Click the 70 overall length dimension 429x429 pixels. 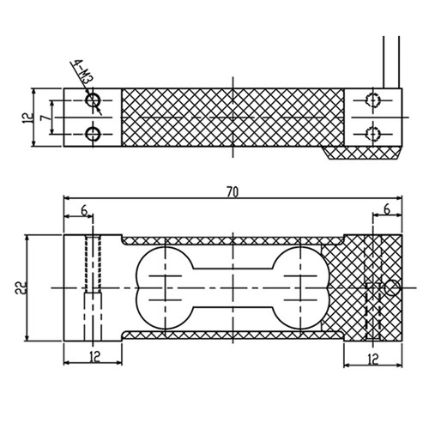[x=233, y=192]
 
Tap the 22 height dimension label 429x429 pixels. [x=21, y=288]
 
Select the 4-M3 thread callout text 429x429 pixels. [x=83, y=71]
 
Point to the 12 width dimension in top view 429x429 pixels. [x=27, y=118]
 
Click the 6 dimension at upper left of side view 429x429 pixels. [x=84, y=211]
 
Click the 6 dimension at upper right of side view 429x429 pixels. [x=387, y=209]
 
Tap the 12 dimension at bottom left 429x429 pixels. [x=95, y=357]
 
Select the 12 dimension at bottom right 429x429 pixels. [x=373, y=360]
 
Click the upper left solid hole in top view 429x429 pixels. [x=93, y=100]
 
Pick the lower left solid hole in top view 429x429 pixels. [x=93, y=134]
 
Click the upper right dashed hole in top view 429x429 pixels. [x=373, y=100]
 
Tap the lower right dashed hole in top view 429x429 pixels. [x=373, y=134]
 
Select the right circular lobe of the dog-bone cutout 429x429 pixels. [x=329, y=288]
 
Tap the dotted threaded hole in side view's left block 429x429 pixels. [x=93, y=264]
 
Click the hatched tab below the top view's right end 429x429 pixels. [x=361, y=153]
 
